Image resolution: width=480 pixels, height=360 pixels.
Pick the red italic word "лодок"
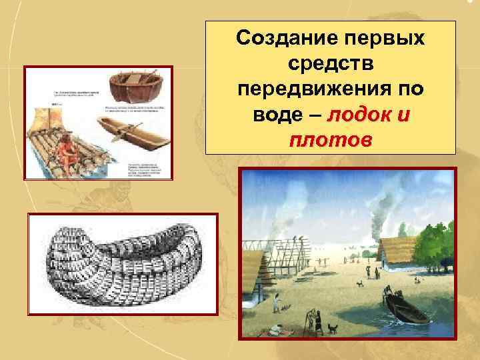point(357,116)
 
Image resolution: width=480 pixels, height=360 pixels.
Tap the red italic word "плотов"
point(331,141)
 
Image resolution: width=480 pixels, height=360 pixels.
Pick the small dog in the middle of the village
point(360,283)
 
